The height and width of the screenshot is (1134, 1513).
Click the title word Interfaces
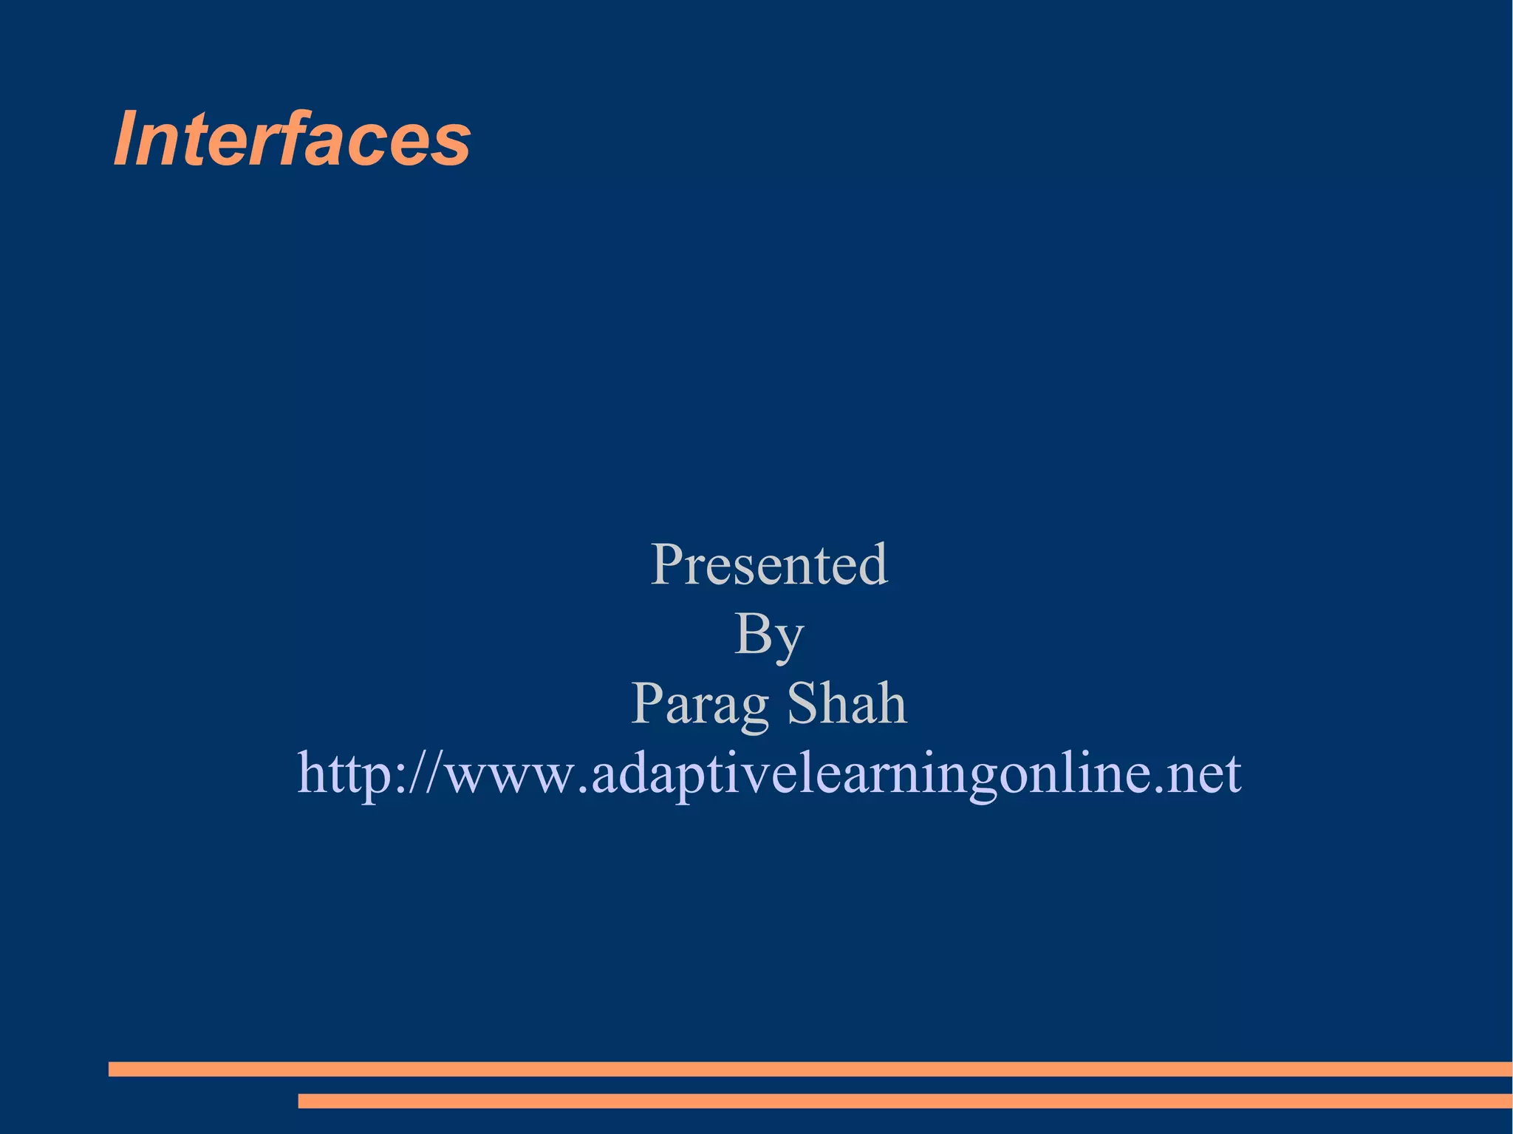(292, 139)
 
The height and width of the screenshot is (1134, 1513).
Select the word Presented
(769, 564)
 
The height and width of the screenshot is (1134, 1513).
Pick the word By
(769, 635)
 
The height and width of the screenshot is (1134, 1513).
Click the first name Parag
(700, 704)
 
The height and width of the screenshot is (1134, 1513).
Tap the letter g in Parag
(754, 710)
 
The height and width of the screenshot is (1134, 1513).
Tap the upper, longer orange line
(810, 1069)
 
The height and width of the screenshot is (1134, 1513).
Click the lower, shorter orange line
(905, 1101)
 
